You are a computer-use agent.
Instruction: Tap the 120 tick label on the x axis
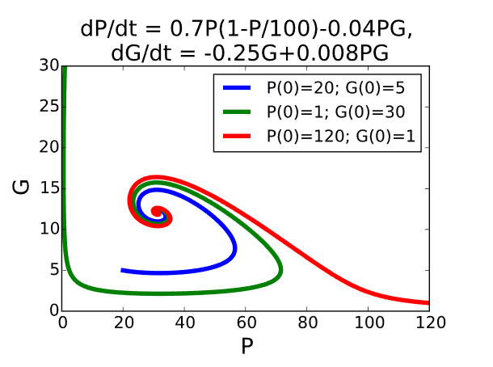(429, 323)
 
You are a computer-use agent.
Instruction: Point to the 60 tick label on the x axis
(246, 323)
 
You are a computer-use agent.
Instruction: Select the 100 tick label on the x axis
(368, 323)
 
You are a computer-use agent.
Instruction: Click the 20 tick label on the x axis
(124, 323)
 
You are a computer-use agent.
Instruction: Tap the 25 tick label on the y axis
(48, 106)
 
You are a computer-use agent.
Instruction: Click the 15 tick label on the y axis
(48, 188)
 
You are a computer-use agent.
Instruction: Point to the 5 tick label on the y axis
(53, 270)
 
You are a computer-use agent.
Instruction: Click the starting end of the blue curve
(123, 270)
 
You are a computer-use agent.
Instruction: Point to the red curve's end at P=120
(428, 302)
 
